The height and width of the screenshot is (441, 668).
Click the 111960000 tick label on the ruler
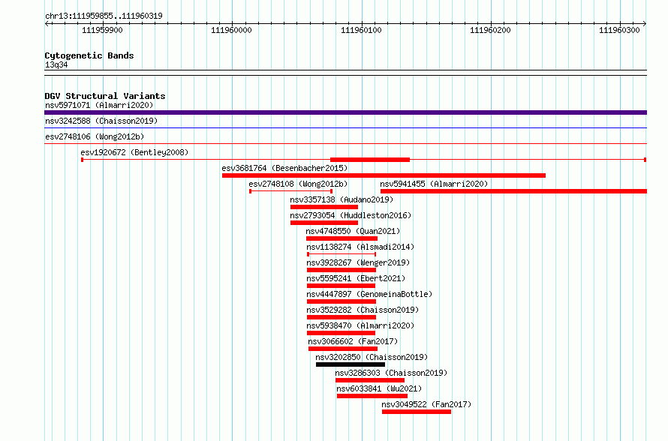(231, 30)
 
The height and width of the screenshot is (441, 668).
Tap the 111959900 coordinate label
(102, 30)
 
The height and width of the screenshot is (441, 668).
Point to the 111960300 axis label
(619, 30)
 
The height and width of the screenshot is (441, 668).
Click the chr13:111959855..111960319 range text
(104, 16)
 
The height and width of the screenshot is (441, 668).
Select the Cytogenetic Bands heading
(89, 55)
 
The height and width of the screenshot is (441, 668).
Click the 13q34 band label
(56, 64)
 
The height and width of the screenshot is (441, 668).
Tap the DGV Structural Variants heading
(105, 96)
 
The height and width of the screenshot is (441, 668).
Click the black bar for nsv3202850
(351, 364)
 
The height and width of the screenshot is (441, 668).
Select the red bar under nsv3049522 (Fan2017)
(417, 412)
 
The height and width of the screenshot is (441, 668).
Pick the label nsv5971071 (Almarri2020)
(99, 105)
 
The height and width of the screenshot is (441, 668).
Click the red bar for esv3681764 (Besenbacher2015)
(384, 175)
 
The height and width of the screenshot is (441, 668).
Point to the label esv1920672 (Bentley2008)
(134, 152)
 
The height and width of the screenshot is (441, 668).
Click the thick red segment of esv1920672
(370, 160)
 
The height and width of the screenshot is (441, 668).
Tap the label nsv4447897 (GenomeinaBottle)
(369, 294)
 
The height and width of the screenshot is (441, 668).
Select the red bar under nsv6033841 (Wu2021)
(372, 396)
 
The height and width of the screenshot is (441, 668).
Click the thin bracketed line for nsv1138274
(342, 254)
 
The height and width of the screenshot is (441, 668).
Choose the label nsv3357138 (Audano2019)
(342, 199)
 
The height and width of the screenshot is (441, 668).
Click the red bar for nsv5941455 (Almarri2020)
(514, 191)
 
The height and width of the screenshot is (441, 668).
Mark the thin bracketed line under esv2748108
(291, 191)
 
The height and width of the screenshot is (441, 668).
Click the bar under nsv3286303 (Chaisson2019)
(370, 380)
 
